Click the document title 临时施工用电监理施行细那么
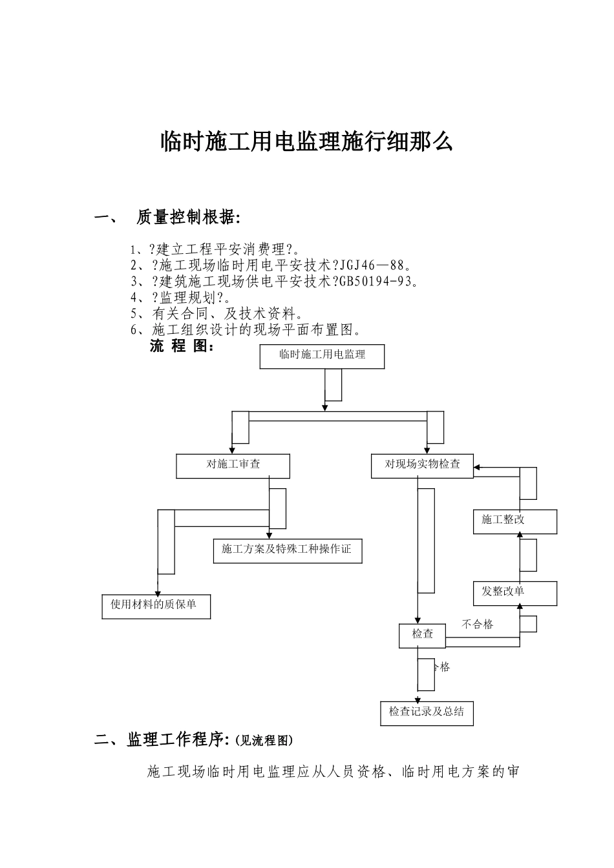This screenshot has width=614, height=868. pyautogui.click(x=306, y=142)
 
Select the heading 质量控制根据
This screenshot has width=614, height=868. pyautogui.click(x=188, y=218)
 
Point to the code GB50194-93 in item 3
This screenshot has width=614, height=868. pyautogui.click(x=379, y=281)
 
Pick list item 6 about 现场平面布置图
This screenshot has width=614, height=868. pyautogui.click(x=246, y=330)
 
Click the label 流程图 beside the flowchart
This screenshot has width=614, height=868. pyautogui.click(x=182, y=347)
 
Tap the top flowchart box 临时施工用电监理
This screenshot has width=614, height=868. pyautogui.click(x=322, y=356)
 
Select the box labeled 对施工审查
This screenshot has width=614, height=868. pyautogui.click(x=233, y=465)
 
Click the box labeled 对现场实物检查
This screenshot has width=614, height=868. pyautogui.click(x=422, y=465)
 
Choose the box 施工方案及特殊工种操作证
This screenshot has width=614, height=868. pyautogui.click(x=287, y=550)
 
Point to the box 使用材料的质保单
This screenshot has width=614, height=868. pyautogui.click(x=156, y=606)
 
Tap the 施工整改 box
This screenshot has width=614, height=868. pyautogui.click(x=515, y=521)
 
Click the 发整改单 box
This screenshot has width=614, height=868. pyautogui.click(x=515, y=593)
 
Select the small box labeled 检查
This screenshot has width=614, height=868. pyautogui.click(x=423, y=635)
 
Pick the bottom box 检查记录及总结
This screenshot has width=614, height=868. pyautogui.click(x=427, y=713)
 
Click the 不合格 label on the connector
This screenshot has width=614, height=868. pyautogui.click(x=478, y=625)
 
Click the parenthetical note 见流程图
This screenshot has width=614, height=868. pyautogui.click(x=264, y=741)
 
